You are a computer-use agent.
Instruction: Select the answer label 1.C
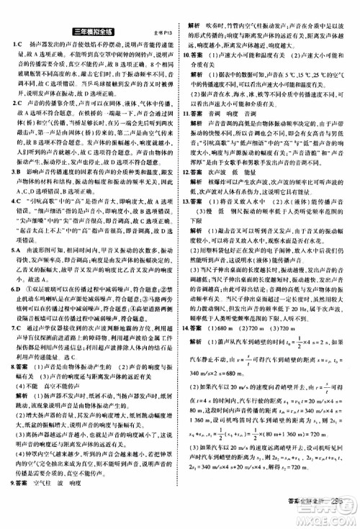pyautogui.click(x=17, y=45)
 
